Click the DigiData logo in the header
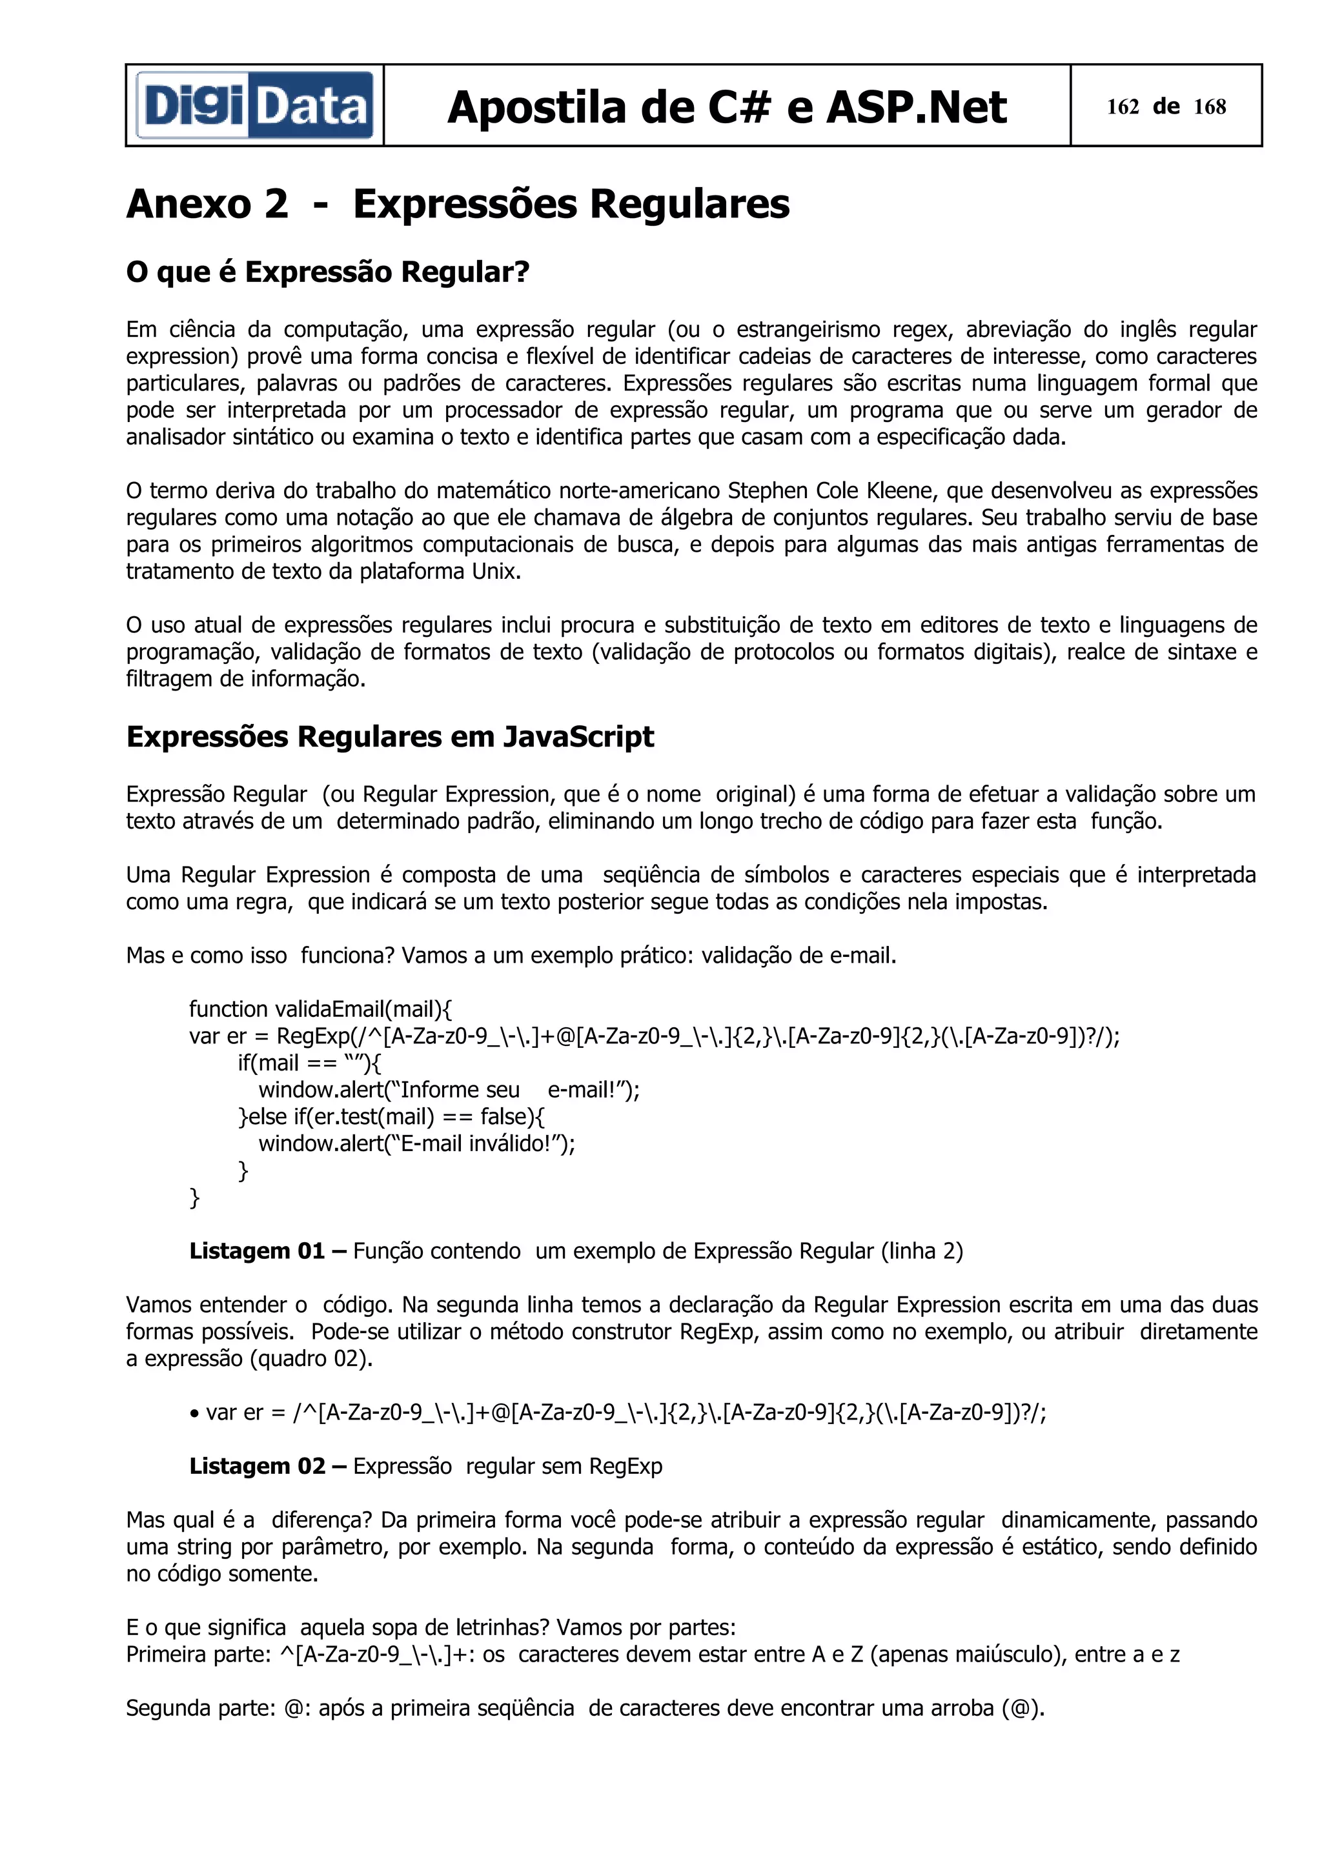[254, 106]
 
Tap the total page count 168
[1210, 106]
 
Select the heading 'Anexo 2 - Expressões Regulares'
[457, 204]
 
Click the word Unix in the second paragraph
[494, 571]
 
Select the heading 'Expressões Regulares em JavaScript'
[389, 736]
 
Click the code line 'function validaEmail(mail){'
[320, 1009]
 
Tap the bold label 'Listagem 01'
[256, 1251]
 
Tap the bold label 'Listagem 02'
[256, 1466]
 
